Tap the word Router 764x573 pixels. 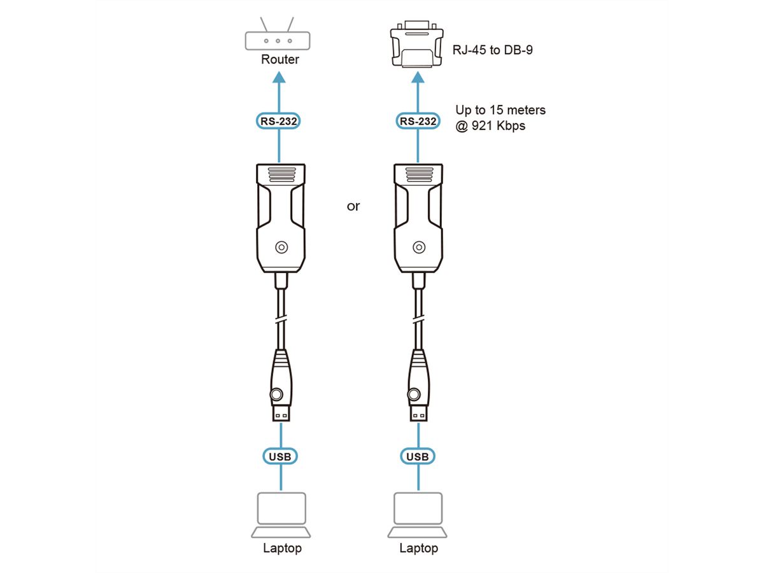pyautogui.click(x=280, y=59)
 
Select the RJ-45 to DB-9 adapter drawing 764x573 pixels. pyautogui.click(x=416, y=43)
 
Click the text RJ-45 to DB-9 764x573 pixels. pyautogui.click(x=493, y=50)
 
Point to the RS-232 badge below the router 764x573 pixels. pyautogui.click(x=278, y=121)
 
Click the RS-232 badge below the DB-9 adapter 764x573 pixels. pyautogui.click(x=418, y=121)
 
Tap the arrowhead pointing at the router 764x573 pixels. pyautogui.click(x=279, y=77)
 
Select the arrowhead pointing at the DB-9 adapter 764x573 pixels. pyautogui.click(x=418, y=77)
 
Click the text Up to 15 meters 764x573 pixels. pyautogui.click(x=500, y=110)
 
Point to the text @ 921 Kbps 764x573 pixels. pyautogui.click(x=490, y=125)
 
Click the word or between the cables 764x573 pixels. pyautogui.click(x=353, y=206)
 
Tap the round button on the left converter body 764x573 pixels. pyautogui.click(x=281, y=248)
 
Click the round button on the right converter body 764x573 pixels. pyautogui.click(x=419, y=248)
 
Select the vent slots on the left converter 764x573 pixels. pyautogui.click(x=282, y=174)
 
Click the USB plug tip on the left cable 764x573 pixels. pyautogui.click(x=281, y=413)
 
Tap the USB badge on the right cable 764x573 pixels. pyautogui.click(x=418, y=456)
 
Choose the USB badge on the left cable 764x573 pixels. pyautogui.click(x=280, y=456)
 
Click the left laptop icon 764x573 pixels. pyautogui.click(x=281, y=515)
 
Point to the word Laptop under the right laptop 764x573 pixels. pyautogui.click(x=418, y=548)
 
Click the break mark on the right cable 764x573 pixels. pyautogui.click(x=418, y=320)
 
